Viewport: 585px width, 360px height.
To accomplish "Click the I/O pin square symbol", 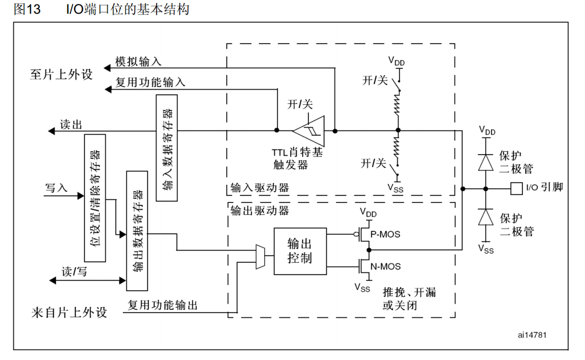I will [516, 189].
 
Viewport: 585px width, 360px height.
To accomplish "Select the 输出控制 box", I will [300, 251].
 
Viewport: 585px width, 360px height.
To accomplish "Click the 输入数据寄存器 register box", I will [167, 148].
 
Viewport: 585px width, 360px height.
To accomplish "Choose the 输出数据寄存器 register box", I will [137, 231].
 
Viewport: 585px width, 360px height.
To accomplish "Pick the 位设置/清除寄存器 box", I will [95, 198].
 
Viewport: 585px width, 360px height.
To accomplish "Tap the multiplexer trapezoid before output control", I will [260, 257].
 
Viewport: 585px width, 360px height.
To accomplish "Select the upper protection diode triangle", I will [485, 163].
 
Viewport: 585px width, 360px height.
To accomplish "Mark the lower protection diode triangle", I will [485, 217].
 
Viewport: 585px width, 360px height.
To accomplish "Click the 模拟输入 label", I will [138, 62].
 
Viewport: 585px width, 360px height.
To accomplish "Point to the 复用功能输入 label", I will [150, 82].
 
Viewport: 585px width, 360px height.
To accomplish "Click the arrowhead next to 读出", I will [52, 131].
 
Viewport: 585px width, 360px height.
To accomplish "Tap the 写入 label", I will [56, 188].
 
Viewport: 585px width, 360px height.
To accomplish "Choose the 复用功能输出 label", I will [163, 305].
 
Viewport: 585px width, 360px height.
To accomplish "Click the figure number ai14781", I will [532, 335].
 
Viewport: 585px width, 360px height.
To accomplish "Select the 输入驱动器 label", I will [260, 188].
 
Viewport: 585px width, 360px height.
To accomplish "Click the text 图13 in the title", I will [27, 9].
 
